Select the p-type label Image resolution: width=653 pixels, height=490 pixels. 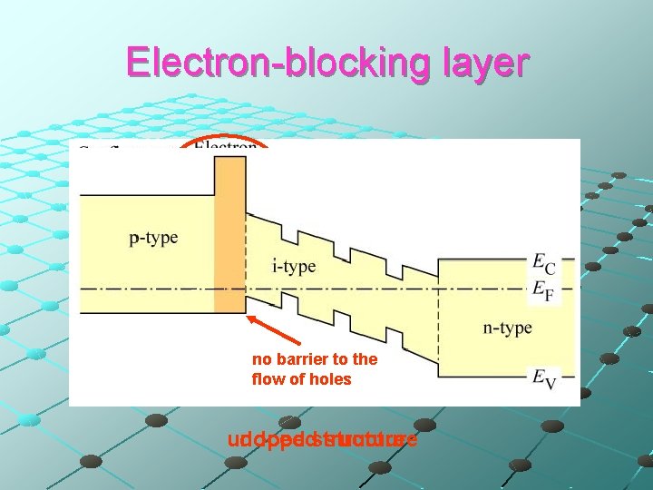click(153, 238)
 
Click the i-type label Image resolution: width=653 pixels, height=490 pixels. click(294, 266)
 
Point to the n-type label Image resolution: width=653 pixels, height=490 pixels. click(507, 328)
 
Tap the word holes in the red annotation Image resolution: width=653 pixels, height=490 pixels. click(329, 379)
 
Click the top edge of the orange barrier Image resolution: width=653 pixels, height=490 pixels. click(229, 157)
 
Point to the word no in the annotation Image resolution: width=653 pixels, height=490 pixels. click(261, 360)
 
